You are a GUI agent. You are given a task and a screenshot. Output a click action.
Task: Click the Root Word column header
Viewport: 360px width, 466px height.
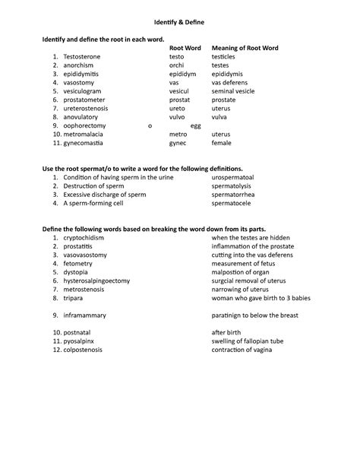(185, 48)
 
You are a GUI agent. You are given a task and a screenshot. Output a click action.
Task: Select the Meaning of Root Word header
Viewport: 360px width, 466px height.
(245, 48)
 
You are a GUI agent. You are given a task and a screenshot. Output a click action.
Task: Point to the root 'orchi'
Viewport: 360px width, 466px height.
(176, 65)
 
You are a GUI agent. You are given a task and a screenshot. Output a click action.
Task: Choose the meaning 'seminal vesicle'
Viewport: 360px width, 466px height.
(233, 91)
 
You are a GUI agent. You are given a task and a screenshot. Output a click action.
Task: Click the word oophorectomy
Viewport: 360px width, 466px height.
(85, 125)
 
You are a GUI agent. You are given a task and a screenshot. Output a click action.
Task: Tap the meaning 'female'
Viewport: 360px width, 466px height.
(222, 143)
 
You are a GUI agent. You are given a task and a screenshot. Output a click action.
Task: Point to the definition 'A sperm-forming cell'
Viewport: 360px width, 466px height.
(93, 204)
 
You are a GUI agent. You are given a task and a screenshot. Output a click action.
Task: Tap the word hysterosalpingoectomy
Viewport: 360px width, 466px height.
(97, 281)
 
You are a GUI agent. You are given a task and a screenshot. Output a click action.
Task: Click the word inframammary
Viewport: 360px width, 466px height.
(87, 315)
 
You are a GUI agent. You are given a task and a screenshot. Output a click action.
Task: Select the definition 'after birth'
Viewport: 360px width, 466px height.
(227, 333)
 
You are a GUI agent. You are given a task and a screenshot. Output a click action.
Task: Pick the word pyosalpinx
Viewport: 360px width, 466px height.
(81, 341)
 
